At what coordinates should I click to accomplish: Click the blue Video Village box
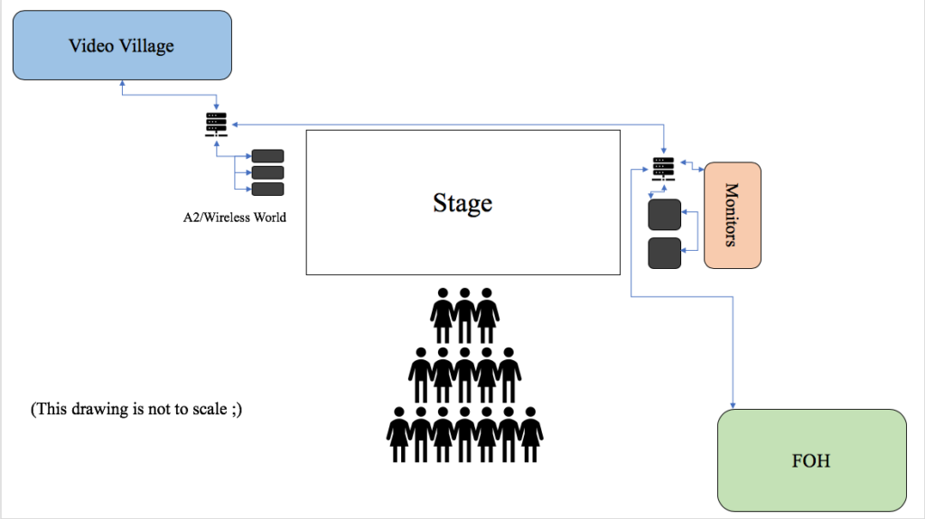click(121, 45)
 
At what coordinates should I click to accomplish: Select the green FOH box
click(811, 460)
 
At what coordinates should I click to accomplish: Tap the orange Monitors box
click(732, 215)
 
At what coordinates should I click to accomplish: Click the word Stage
click(462, 202)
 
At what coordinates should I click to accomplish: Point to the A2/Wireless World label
click(235, 218)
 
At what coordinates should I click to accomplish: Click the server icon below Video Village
click(217, 124)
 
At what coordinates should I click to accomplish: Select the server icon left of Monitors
click(663, 169)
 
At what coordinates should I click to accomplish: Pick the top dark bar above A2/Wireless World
click(267, 155)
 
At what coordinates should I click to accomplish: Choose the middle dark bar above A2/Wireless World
click(267, 172)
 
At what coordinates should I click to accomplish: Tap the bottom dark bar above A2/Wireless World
click(267, 189)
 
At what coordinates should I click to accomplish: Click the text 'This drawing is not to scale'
click(135, 409)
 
